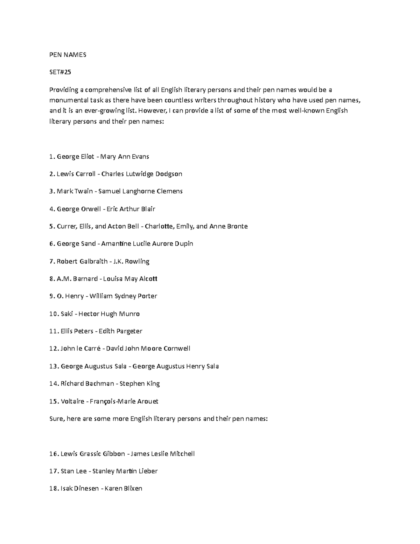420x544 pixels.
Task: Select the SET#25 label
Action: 60,72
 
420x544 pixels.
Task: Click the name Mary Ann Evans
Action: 125,157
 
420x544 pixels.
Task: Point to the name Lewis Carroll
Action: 76,174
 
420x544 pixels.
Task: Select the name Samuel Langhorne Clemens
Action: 140,191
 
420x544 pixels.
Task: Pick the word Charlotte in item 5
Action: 159,226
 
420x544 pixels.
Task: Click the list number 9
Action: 51,296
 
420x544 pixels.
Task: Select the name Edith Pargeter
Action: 120,331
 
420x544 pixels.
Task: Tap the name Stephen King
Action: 140,384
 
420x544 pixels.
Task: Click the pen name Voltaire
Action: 72,401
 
